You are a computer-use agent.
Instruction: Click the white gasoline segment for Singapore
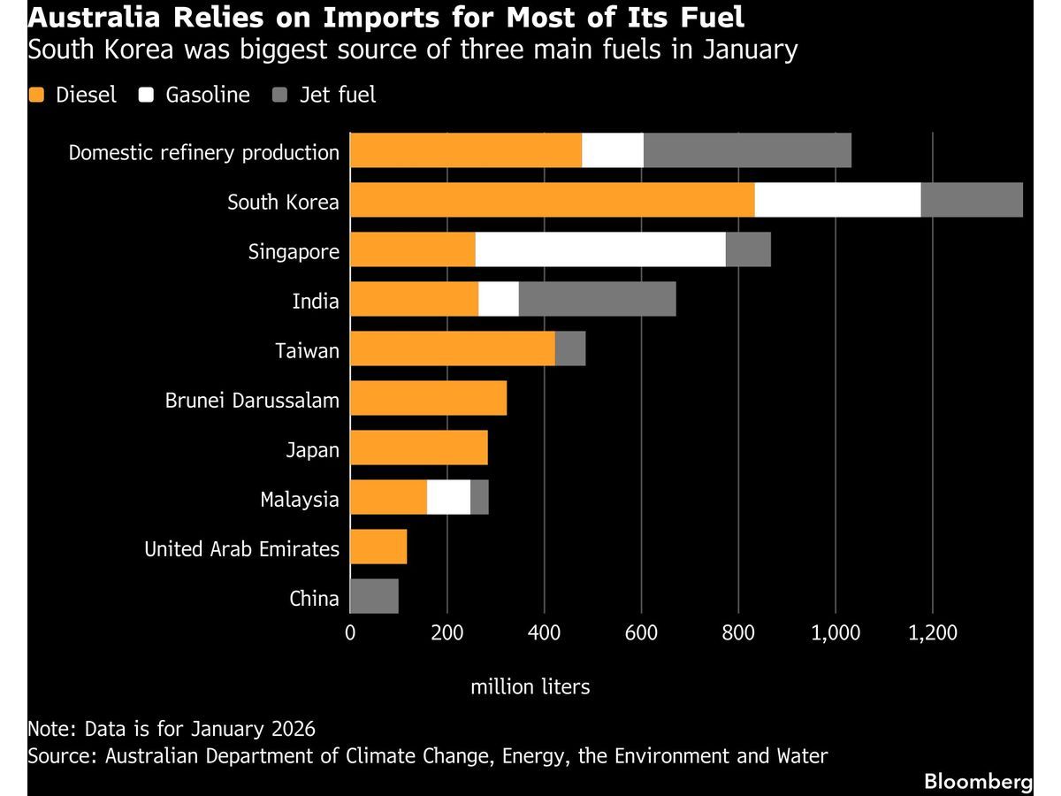599,250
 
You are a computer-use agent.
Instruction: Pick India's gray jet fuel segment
597,300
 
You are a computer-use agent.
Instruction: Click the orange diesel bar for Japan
419,448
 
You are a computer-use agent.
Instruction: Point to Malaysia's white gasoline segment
448,498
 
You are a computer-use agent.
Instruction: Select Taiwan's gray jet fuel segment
570,349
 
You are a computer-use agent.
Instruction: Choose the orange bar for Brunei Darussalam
428,399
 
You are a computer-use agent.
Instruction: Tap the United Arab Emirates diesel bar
378,547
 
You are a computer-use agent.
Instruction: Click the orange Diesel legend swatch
36,95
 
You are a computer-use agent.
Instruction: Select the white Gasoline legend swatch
147,95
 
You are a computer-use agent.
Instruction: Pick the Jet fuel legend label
337,95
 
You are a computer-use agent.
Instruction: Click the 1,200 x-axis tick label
933,632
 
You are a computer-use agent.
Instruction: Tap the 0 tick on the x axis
350,632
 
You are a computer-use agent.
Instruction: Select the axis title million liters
530,686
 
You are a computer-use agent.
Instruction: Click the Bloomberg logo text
978,781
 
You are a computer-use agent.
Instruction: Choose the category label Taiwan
307,350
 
